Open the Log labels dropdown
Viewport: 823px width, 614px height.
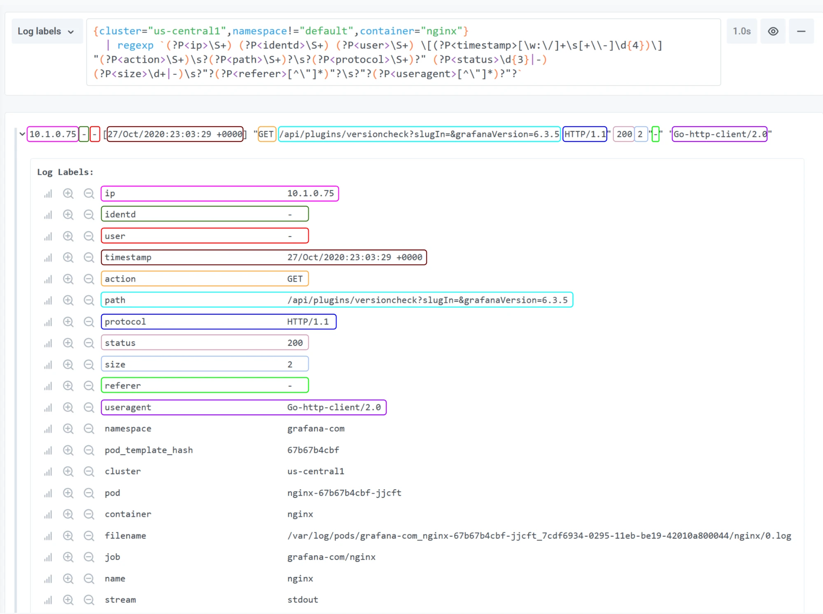point(47,31)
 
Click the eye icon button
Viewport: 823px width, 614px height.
point(773,31)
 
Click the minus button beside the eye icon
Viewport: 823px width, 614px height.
point(801,31)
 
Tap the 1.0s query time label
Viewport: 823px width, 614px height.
point(741,31)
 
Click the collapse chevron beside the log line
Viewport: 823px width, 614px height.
point(22,134)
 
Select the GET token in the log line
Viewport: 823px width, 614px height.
point(266,134)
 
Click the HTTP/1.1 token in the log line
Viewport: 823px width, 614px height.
point(585,134)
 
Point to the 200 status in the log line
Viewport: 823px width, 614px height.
point(624,134)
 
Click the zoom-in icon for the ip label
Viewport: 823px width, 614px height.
point(68,193)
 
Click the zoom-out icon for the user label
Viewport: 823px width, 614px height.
point(89,236)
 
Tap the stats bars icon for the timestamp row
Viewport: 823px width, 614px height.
point(48,257)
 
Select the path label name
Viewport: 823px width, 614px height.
point(115,300)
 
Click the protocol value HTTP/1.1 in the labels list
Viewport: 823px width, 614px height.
point(308,322)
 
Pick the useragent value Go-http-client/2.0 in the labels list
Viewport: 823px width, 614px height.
point(334,407)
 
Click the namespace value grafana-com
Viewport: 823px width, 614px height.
point(316,429)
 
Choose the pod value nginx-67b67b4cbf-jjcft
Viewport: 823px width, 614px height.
point(344,493)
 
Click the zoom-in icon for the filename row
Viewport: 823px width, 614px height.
point(68,535)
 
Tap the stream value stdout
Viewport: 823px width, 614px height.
point(303,600)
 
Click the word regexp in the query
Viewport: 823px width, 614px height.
point(135,45)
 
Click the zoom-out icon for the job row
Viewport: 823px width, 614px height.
point(89,557)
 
